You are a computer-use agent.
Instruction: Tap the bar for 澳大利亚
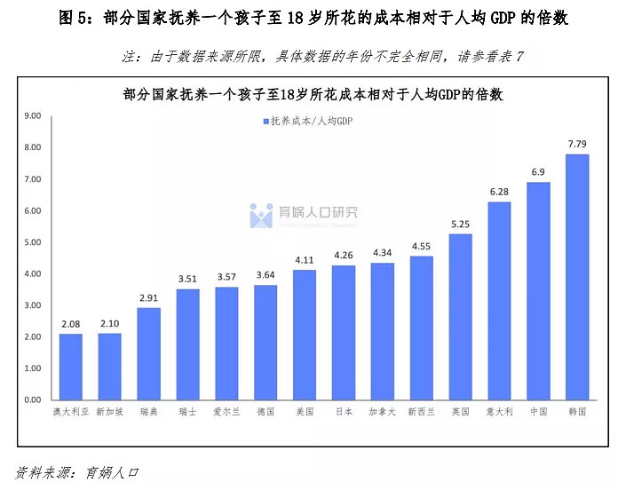click(x=71, y=367)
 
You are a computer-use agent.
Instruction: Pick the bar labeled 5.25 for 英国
click(x=460, y=317)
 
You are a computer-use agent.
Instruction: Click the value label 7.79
click(x=576, y=144)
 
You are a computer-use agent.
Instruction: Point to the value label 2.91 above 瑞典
click(x=148, y=297)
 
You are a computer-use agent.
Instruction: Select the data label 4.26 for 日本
click(x=343, y=255)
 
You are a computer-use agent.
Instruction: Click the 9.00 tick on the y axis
click(x=33, y=115)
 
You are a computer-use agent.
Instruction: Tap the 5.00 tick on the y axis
click(x=33, y=242)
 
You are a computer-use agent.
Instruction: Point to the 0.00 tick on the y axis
click(x=33, y=400)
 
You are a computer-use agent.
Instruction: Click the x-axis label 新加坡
click(x=109, y=413)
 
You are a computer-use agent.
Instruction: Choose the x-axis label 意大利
click(x=498, y=413)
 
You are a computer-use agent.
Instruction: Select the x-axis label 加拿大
click(x=382, y=413)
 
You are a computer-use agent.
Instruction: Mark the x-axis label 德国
click(x=265, y=413)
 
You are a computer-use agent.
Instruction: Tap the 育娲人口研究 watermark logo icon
click(x=261, y=215)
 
